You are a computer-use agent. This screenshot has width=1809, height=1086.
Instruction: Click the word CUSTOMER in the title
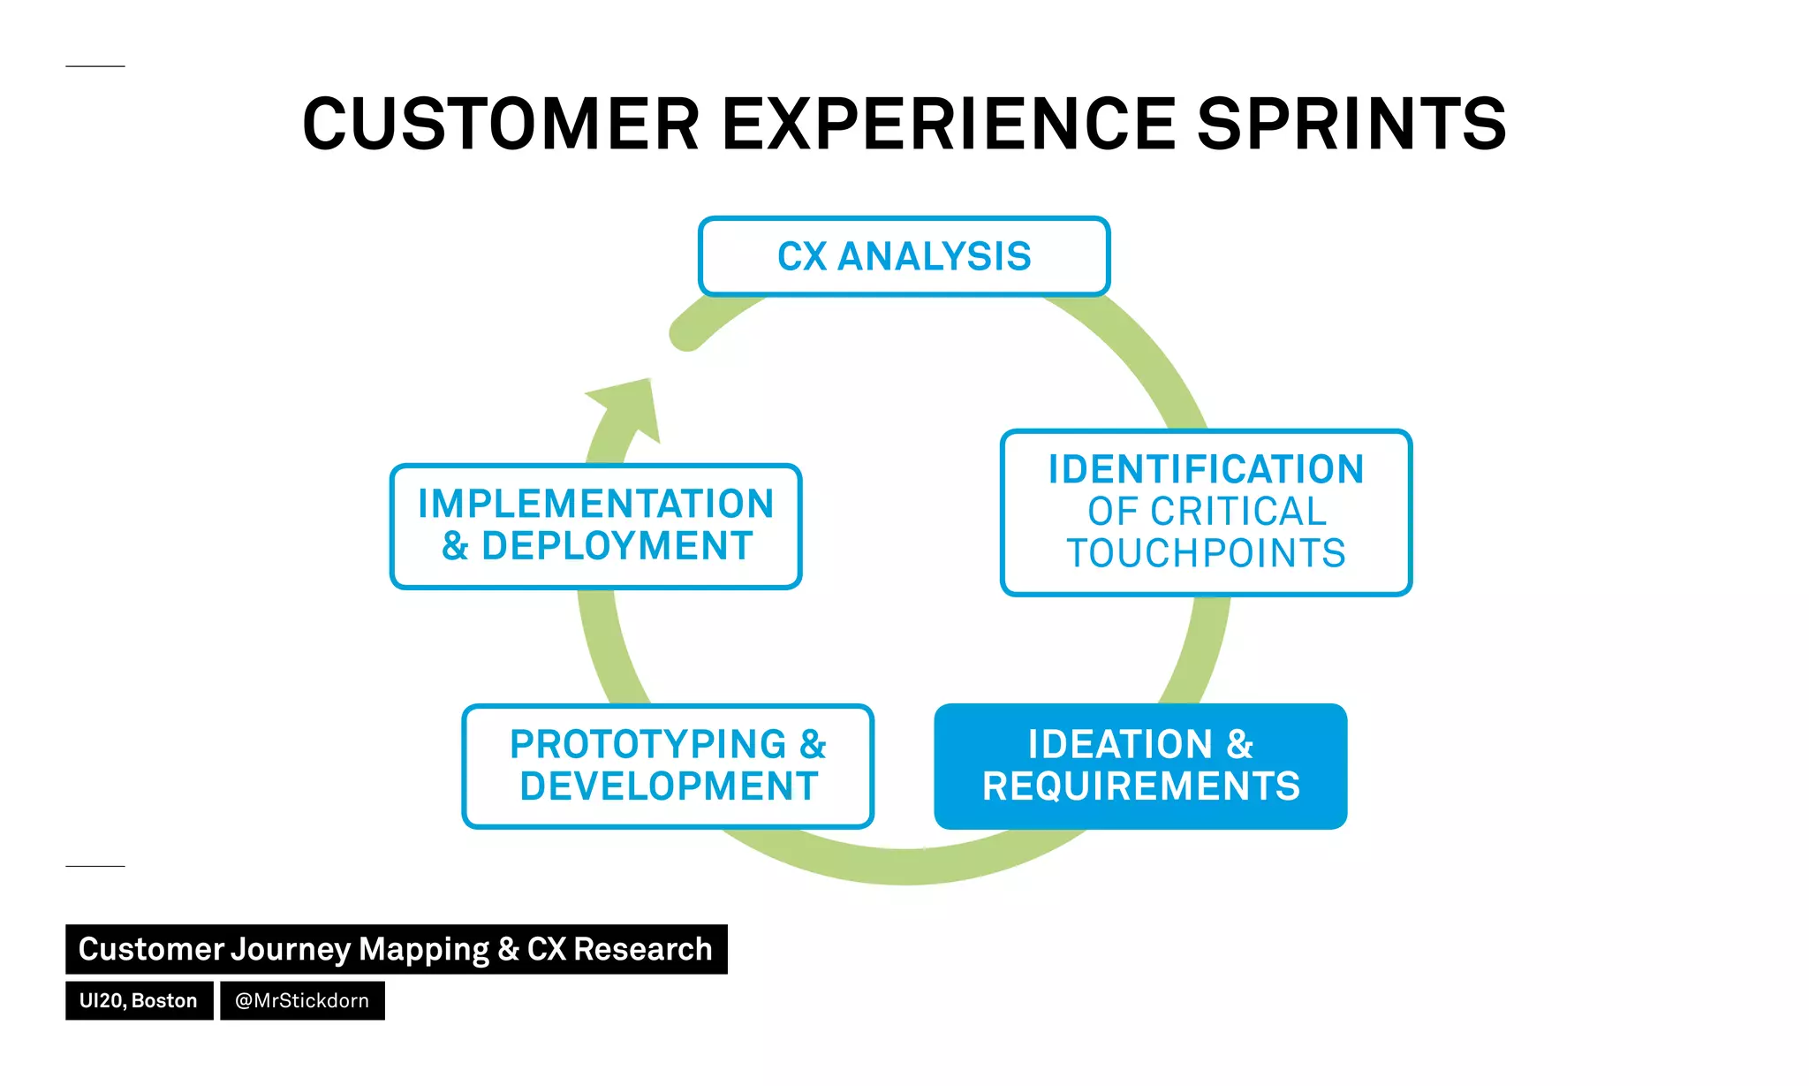[501, 125]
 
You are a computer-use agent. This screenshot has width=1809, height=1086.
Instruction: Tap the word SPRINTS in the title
[1351, 125]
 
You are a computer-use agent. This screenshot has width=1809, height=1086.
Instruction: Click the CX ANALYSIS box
[904, 256]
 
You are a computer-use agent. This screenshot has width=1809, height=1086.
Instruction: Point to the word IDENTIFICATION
[1206, 469]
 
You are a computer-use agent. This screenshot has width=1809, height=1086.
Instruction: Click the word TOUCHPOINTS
[1206, 553]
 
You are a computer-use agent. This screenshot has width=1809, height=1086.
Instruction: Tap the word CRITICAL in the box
[1238, 512]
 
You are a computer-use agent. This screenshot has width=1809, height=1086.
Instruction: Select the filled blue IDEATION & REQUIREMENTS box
[1140, 766]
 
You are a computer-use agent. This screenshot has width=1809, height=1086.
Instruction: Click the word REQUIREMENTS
[1140, 786]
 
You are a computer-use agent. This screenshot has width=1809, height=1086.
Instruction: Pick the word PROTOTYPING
[647, 744]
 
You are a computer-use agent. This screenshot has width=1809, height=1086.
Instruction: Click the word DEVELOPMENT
[669, 786]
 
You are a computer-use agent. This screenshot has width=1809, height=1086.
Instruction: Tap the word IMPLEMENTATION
[596, 504]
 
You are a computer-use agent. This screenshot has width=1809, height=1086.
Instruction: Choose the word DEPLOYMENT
[617, 546]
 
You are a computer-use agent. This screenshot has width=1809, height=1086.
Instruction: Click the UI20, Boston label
[139, 1000]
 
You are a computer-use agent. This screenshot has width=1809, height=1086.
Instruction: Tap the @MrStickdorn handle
[302, 1000]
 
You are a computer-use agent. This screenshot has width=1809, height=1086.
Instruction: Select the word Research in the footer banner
[642, 949]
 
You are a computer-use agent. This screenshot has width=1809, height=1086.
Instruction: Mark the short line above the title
[95, 66]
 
